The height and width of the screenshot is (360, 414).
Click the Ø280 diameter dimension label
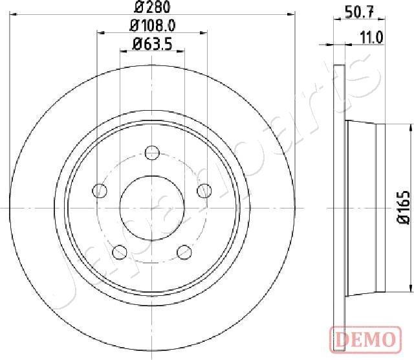point(152,8)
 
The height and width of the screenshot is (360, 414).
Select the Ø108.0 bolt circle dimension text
point(153,27)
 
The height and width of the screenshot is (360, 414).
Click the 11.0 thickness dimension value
point(373,37)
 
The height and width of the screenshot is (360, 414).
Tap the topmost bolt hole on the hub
point(152,153)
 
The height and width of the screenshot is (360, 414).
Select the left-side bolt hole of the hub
point(100,190)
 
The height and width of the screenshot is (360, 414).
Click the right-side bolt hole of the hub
point(204,190)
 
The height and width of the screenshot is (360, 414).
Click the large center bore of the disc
point(152,207)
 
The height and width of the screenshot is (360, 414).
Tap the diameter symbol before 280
point(140,8)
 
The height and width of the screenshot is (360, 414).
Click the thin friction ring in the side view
point(340,207)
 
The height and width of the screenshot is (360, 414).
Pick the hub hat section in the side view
point(365,207)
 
